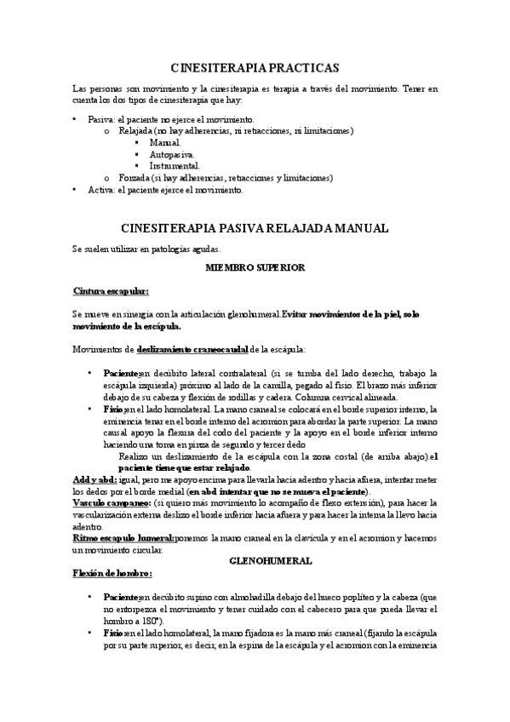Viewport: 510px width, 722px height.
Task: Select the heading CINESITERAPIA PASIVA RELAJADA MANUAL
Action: point(255,227)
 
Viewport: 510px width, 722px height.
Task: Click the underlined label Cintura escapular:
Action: point(111,291)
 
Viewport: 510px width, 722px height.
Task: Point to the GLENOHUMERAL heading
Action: point(255,560)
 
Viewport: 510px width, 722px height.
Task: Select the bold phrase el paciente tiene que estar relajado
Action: point(186,468)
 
